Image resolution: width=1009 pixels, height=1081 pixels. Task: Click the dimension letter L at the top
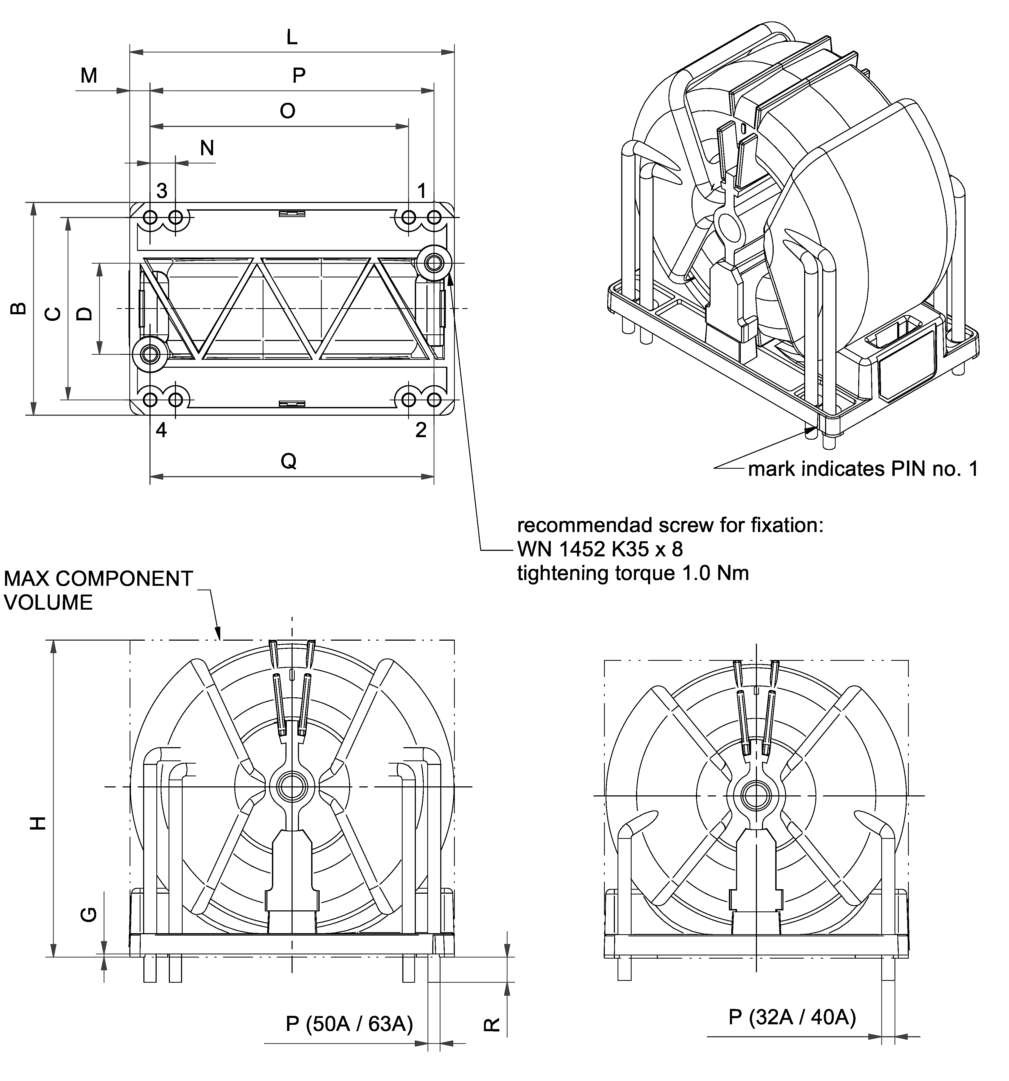click(x=292, y=38)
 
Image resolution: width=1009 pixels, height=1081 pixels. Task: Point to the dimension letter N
click(x=207, y=148)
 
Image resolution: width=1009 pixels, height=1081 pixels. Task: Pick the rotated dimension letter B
click(x=18, y=308)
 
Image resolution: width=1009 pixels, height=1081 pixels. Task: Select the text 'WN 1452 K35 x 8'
click(x=600, y=549)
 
